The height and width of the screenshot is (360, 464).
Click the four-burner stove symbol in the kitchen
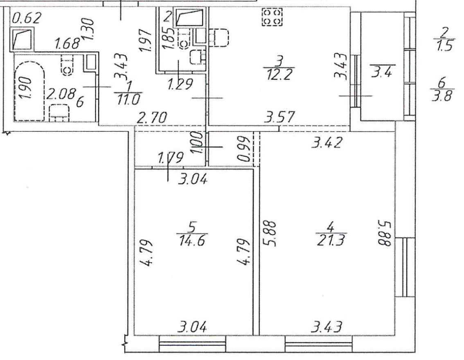(272, 17)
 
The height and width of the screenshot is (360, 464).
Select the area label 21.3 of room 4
(330, 240)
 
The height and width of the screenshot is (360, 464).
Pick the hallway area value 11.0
(128, 99)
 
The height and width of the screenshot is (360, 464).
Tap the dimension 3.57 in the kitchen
(279, 117)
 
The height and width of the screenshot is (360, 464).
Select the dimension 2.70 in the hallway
(152, 117)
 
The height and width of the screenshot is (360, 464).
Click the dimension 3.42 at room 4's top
(327, 142)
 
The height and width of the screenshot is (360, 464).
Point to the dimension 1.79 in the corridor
(171, 157)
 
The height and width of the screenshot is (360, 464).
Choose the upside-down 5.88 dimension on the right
(383, 232)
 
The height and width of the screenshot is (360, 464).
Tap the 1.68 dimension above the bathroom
(68, 43)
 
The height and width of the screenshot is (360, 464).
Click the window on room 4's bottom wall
(319, 344)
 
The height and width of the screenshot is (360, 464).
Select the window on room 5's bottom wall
(192, 344)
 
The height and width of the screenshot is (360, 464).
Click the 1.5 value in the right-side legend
(445, 46)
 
